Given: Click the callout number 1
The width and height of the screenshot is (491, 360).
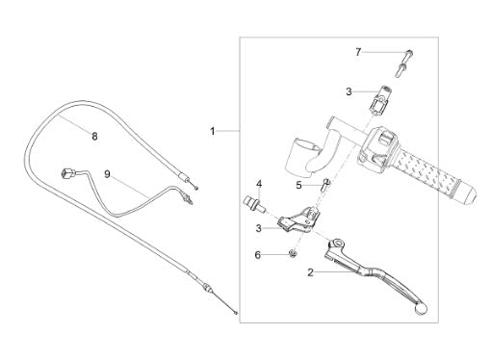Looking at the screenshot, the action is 213,131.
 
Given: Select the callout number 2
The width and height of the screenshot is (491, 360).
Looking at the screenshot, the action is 310,272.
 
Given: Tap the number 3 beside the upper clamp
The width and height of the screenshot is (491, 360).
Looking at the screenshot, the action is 349,91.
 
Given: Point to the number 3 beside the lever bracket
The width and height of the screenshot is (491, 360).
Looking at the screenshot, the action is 259,228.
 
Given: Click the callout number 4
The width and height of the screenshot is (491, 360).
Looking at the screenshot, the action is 259,184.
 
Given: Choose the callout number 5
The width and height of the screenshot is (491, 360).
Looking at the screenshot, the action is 298,185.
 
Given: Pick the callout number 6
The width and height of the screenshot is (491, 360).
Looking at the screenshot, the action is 258,255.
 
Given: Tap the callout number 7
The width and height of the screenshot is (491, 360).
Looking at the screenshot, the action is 358,52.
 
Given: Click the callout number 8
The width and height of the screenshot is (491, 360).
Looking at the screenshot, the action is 94,137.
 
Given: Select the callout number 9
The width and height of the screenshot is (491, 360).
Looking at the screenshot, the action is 107,174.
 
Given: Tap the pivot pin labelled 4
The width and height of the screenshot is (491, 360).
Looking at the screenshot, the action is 255,205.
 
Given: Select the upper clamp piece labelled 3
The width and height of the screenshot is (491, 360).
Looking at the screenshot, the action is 379,99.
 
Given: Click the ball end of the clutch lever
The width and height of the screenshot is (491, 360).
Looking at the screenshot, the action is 421,308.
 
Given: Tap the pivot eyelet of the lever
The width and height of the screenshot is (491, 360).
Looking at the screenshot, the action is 337,244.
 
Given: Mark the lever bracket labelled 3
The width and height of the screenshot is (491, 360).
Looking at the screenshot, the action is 298,219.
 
